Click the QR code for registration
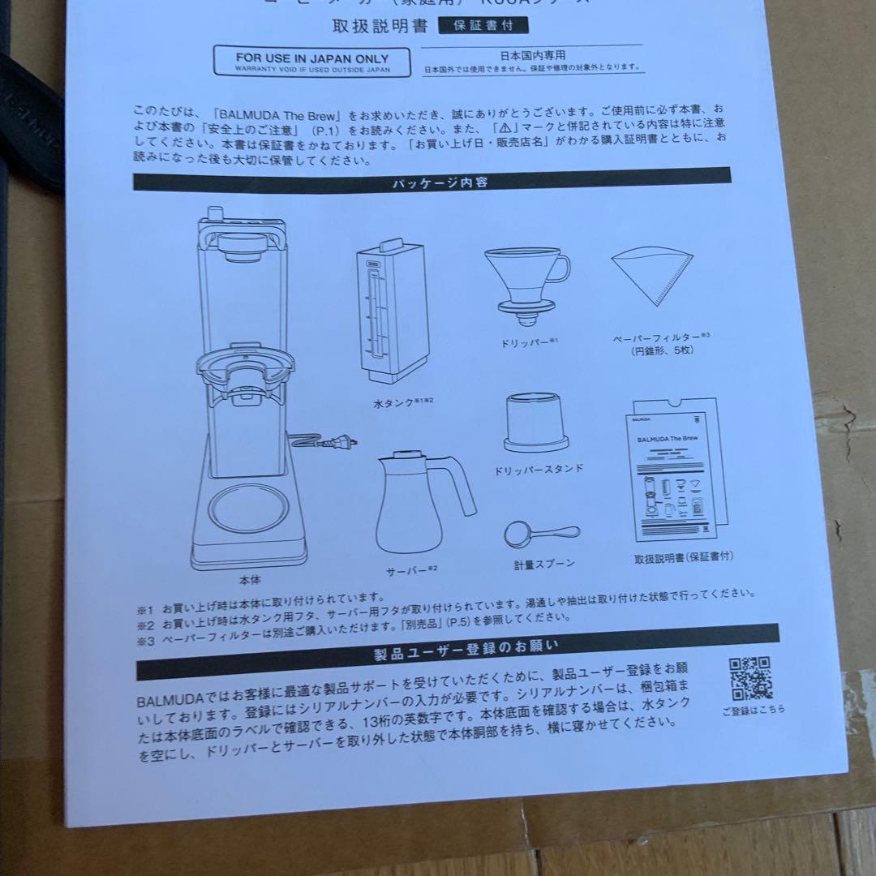coord(750,677)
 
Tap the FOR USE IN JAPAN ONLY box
coord(311,62)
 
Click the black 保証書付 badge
coord(483,25)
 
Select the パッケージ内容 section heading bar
coord(432,181)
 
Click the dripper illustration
coord(525,280)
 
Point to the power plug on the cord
coord(345,443)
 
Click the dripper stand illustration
coord(534,424)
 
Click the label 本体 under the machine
coord(250,581)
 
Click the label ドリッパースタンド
coord(539,469)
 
